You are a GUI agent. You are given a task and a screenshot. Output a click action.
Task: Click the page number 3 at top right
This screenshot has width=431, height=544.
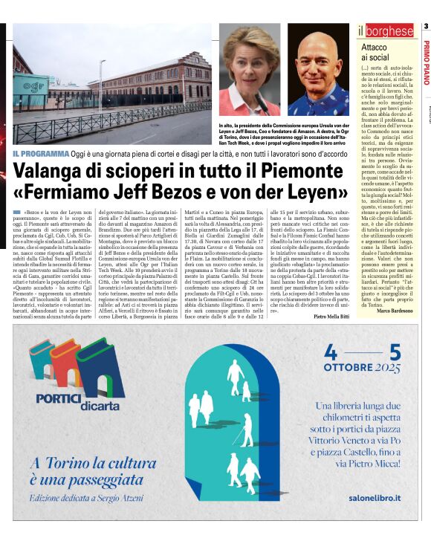tap(426, 27)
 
